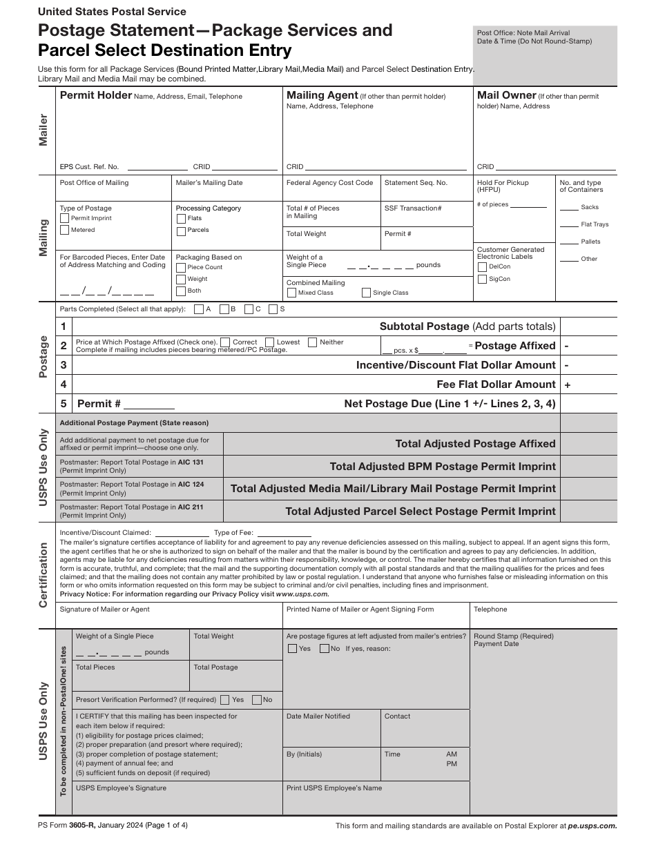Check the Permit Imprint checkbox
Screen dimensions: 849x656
65,218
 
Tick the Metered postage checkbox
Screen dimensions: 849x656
65,230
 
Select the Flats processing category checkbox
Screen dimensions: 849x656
181,218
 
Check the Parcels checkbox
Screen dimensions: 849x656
181,230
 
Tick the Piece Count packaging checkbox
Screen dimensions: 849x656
181,267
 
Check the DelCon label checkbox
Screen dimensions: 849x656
482,266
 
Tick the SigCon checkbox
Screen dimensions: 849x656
482,279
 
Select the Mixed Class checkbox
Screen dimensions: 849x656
291,293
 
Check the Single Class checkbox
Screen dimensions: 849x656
366,293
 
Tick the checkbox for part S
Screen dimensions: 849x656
273,309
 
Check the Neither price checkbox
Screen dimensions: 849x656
313,342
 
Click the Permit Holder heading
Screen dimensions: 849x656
95,95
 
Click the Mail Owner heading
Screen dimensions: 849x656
506,95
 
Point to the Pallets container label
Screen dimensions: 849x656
590,242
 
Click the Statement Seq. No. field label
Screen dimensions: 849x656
416,183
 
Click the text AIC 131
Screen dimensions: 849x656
191,462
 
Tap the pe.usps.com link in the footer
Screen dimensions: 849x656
592,826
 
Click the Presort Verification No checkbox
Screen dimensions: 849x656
257,699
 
